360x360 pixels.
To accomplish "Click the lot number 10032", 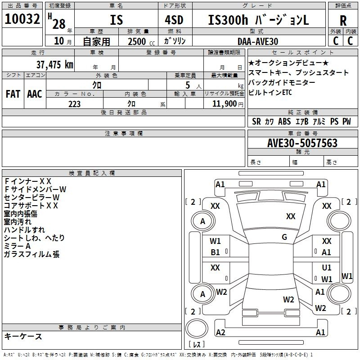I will point(22,19).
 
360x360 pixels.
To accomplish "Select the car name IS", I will point(116,20).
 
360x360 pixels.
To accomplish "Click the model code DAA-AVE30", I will point(258,41).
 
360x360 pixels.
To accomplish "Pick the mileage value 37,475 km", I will point(55,64).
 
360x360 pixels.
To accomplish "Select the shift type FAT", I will point(13,94).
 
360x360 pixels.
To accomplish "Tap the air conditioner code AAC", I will point(35,94).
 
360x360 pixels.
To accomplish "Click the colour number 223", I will point(74,104).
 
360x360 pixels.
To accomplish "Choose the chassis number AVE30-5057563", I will point(302,143).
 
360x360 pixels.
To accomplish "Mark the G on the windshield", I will point(284,237).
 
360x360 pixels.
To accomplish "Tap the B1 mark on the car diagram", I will point(216,252).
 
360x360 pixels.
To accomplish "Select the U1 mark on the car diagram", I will point(327,268).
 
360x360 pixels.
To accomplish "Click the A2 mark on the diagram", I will point(220,332).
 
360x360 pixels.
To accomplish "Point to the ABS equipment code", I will point(284,121).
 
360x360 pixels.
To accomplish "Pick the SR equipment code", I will point(256,121).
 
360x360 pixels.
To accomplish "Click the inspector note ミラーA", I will point(17,246).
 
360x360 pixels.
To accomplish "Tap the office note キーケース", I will point(23,336).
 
